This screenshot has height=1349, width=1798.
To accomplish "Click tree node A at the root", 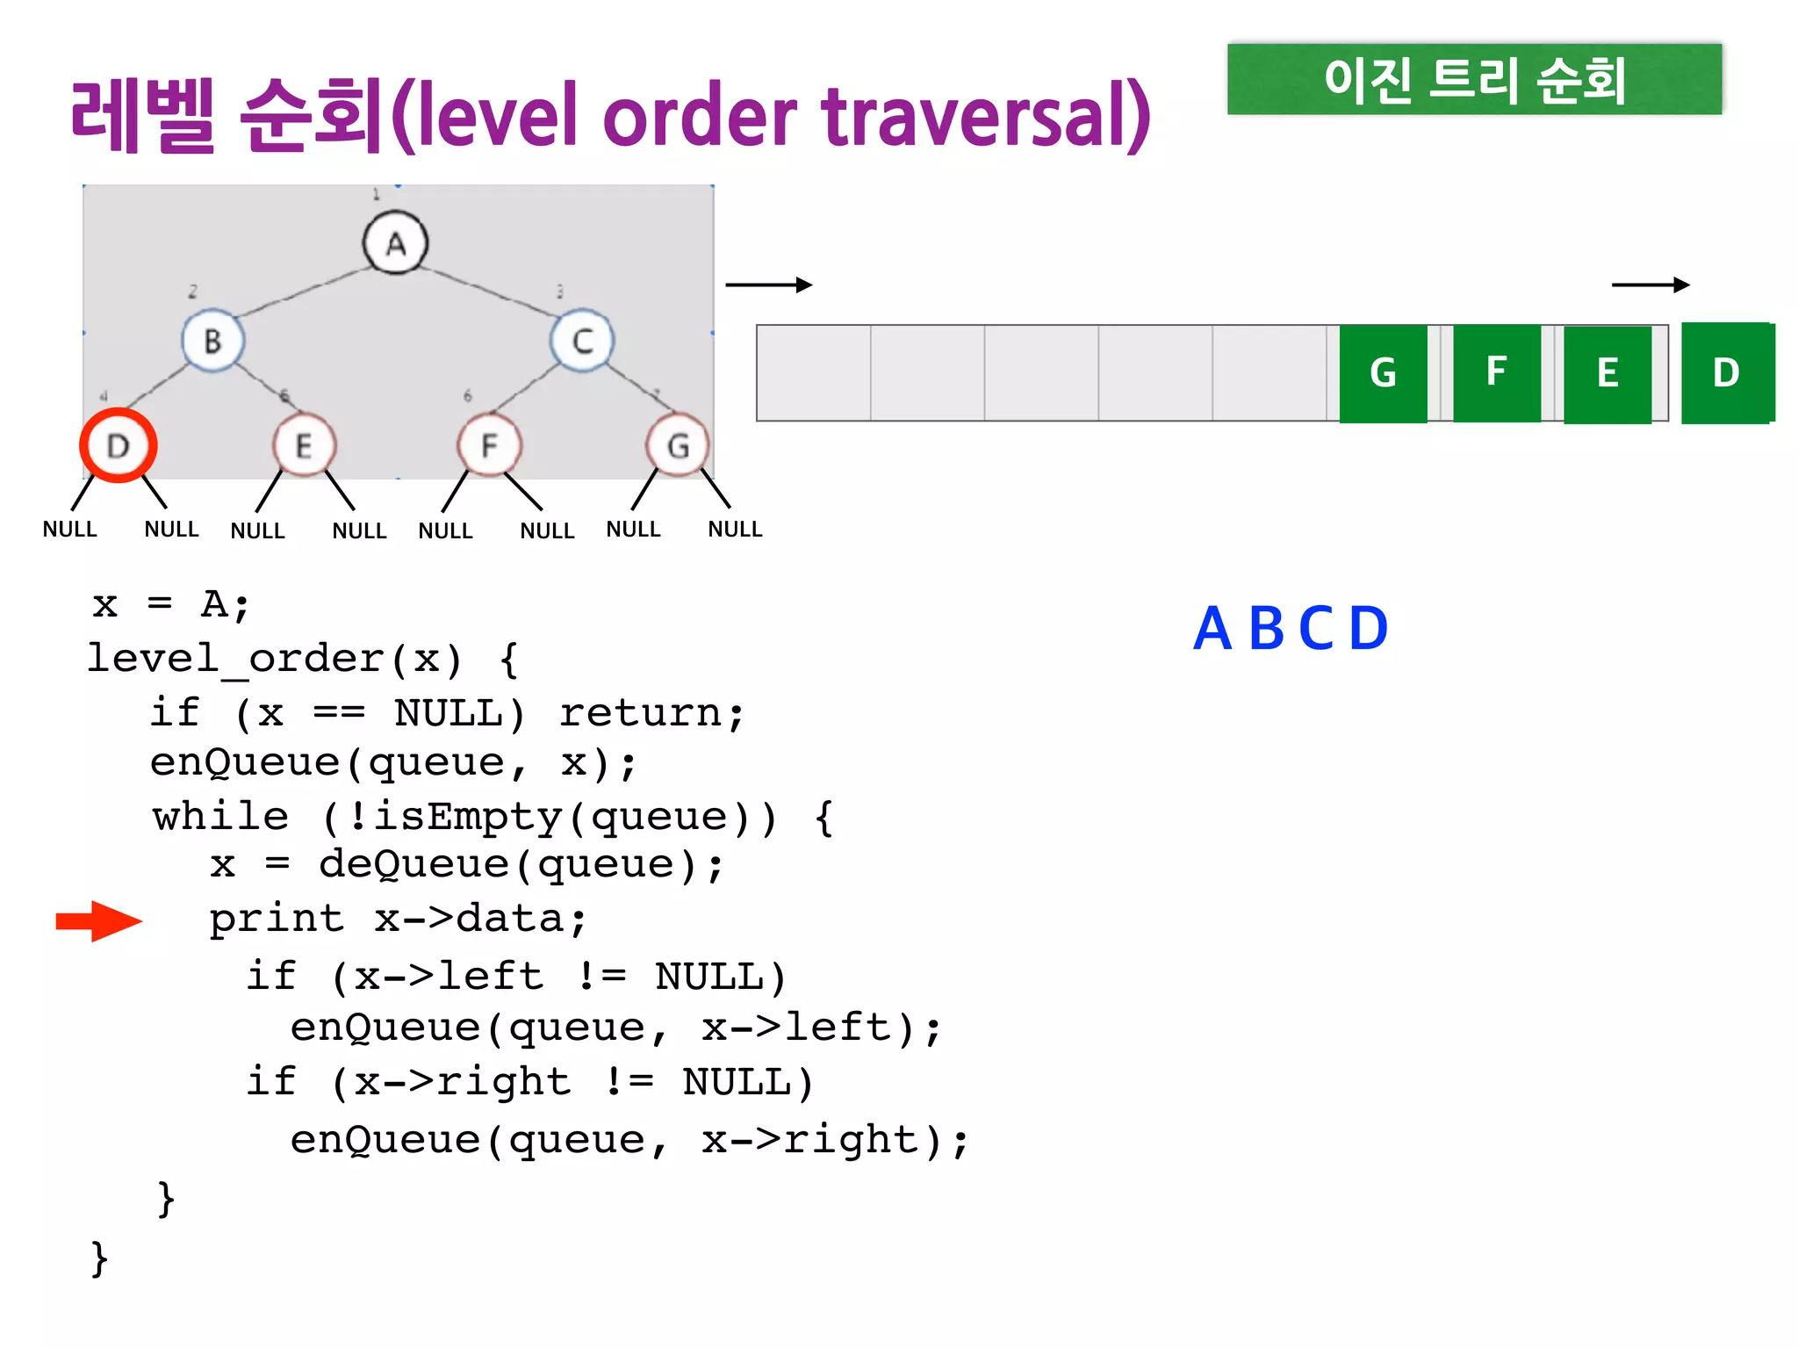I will [x=395, y=243].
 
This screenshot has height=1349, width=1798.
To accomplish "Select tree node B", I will [x=212, y=341].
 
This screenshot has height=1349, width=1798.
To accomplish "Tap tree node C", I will [x=582, y=341].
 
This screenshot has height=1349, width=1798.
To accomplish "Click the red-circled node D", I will [x=119, y=445].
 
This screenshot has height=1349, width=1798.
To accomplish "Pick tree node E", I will [x=304, y=445].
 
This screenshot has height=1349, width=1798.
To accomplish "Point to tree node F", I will [x=489, y=445].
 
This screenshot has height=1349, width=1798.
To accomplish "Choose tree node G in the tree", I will [x=677, y=445].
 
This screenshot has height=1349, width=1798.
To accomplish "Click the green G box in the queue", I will [x=1383, y=373].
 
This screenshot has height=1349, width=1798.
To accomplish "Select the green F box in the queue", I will [x=1497, y=372].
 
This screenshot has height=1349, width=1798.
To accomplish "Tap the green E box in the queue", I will [x=1607, y=373].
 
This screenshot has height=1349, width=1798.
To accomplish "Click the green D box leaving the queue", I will [x=1726, y=373].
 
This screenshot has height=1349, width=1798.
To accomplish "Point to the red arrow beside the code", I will [x=98, y=920].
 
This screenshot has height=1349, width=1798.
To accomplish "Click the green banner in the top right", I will [x=1474, y=79].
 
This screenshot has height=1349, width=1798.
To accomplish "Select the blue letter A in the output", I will [x=1212, y=629].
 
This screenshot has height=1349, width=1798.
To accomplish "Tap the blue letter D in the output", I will [x=1368, y=629].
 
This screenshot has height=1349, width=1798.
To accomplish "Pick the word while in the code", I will [x=220, y=816].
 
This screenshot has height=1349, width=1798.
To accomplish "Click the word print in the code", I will [x=277, y=919].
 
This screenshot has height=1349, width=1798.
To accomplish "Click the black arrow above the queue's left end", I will [x=768, y=285].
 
